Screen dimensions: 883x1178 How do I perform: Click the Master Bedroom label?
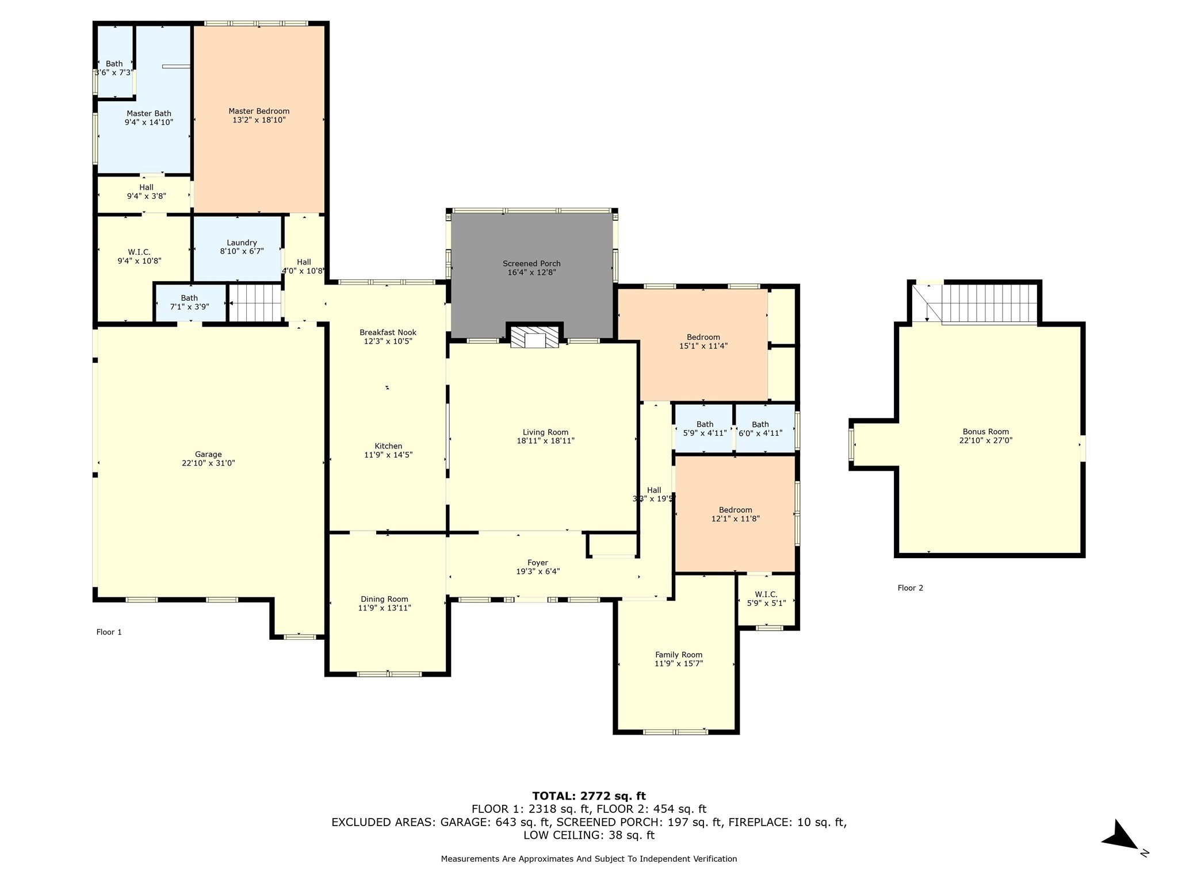(x=259, y=111)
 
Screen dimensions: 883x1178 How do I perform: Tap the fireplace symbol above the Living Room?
(x=535, y=337)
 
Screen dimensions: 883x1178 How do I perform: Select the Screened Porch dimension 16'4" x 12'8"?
(x=531, y=272)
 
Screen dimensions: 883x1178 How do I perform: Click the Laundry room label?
(x=242, y=243)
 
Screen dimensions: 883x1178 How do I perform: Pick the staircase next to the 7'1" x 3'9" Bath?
(x=255, y=303)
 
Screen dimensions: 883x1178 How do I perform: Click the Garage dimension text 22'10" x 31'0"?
(x=208, y=463)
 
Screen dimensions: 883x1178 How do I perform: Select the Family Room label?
(x=679, y=654)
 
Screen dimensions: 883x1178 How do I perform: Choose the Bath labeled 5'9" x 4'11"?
(x=705, y=429)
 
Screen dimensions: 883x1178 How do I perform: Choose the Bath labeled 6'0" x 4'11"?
(x=760, y=429)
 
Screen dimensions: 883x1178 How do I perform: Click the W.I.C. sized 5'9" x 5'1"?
(x=766, y=598)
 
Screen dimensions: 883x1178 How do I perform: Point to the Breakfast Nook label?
(x=388, y=332)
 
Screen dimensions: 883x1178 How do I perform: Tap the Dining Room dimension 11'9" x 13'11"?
(x=384, y=608)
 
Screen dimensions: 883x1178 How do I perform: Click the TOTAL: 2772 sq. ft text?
(x=588, y=796)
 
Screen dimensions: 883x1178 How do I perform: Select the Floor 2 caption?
(x=910, y=588)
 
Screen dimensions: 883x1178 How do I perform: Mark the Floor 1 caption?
(x=109, y=632)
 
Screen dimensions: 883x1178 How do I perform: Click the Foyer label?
(x=538, y=562)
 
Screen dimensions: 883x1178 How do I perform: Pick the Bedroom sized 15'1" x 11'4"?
(x=703, y=341)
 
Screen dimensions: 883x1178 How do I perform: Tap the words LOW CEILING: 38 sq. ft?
(x=588, y=835)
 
